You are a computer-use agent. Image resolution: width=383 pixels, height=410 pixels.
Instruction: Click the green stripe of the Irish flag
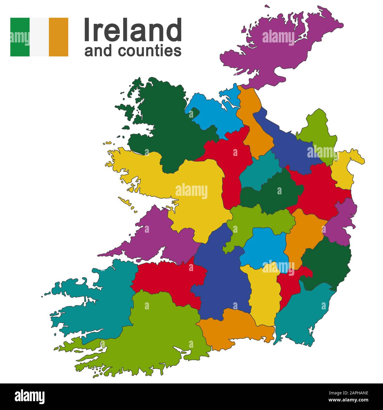click(x=20, y=37)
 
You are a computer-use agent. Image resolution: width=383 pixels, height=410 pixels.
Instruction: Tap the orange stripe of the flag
click(x=59, y=37)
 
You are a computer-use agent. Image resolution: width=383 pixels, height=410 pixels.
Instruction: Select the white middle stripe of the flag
click(x=39, y=37)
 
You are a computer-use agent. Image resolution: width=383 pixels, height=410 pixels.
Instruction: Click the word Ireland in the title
click(x=133, y=30)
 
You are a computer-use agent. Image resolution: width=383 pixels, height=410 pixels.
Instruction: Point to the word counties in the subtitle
click(x=150, y=51)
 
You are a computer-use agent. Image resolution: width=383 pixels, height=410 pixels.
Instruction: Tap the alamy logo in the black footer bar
click(x=30, y=396)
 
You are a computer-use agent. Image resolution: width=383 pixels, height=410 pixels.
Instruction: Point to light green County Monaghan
click(x=318, y=133)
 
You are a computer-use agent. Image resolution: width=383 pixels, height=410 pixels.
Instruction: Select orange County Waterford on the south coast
click(x=236, y=327)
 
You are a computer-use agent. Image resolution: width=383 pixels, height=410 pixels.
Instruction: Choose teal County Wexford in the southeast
click(x=303, y=313)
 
